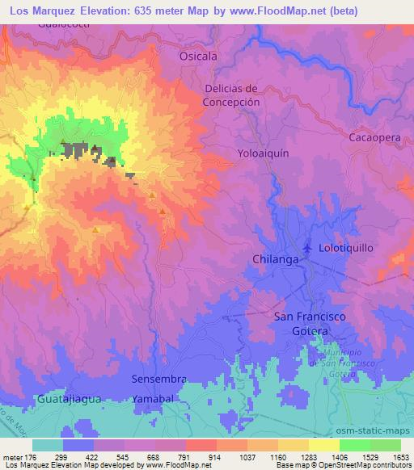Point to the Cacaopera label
[374, 138]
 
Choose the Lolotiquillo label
[346, 248]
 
